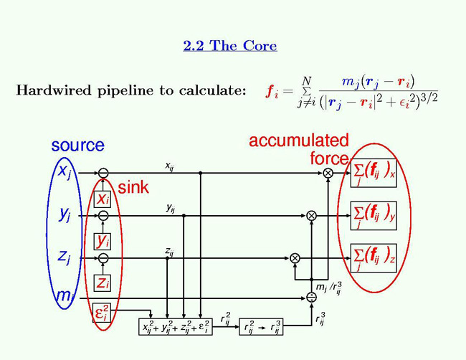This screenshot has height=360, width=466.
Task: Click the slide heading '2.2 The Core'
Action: coord(230,46)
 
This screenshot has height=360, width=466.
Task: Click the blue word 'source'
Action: coord(77,146)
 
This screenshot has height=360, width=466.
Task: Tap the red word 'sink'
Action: coord(133,188)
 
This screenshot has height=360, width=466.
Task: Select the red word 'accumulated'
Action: coord(298,141)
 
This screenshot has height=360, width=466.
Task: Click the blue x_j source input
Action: coord(64,173)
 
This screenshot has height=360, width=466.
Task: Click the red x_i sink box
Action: coord(103,199)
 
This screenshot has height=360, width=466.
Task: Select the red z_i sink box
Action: coord(103,283)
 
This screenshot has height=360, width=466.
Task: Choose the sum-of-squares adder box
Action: coord(174,326)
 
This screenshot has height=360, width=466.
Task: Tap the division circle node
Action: coord(311,296)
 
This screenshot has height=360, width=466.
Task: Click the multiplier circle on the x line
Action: coord(328,173)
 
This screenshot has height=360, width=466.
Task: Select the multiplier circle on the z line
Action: coord(295,257)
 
